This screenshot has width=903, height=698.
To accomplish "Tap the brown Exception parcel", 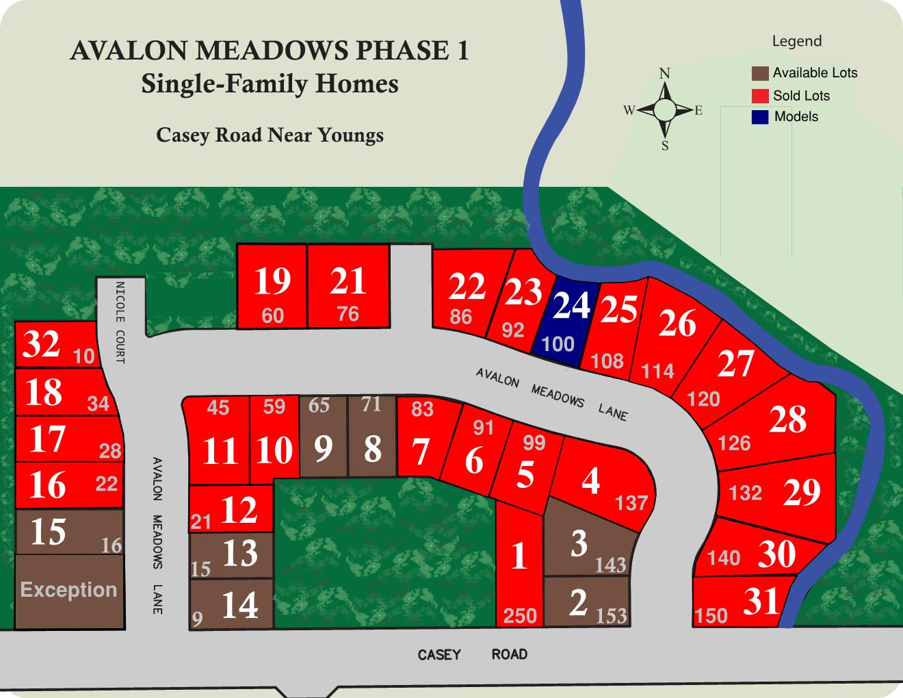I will point(69,590).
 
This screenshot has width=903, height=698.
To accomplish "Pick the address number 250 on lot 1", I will point(520,616).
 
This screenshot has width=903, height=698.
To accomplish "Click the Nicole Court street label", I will point(120,322).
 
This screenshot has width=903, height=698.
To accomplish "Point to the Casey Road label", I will point(472,655).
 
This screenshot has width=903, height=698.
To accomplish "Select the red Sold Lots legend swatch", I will point(760,96).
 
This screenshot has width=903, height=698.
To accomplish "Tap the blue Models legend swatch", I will point(760,117).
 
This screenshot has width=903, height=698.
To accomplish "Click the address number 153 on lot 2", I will point(612,616).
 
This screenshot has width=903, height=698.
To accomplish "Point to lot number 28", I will point(787,419).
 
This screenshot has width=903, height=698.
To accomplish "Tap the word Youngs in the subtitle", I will point(354,135).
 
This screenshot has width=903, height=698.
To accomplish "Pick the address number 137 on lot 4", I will point(631,503).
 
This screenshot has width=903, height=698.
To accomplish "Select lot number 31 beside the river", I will point(761,602).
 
